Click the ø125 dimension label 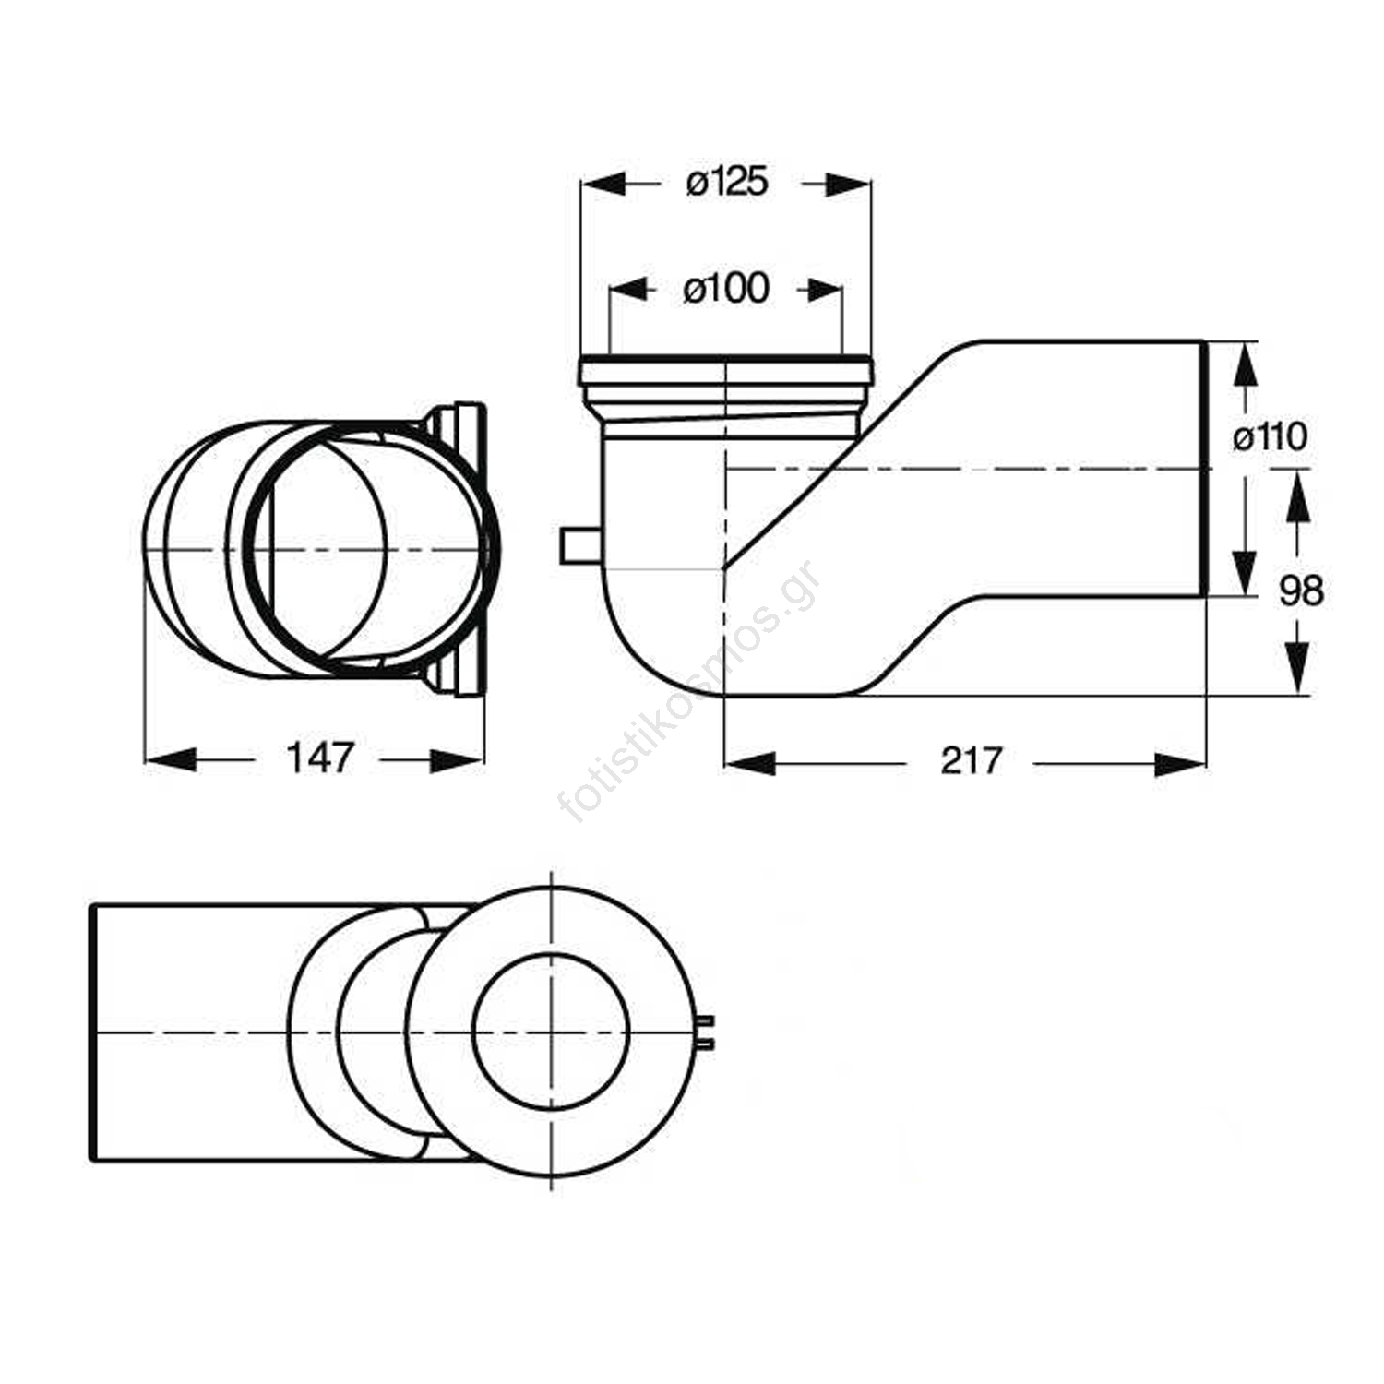coord(727,183)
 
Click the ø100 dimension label coord(726,289)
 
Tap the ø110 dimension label coord(1271,436)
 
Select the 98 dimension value coord(1301,591)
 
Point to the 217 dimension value coord(972,761)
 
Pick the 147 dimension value coord(320,758)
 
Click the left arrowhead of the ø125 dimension coord(604,184)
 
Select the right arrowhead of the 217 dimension coord(1182,764)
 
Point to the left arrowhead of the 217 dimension coord(749,764)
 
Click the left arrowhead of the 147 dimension coord(170,760)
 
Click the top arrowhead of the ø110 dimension coord(1245,364)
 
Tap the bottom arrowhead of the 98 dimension coord(1298,668)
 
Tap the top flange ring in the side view coord(725,370)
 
